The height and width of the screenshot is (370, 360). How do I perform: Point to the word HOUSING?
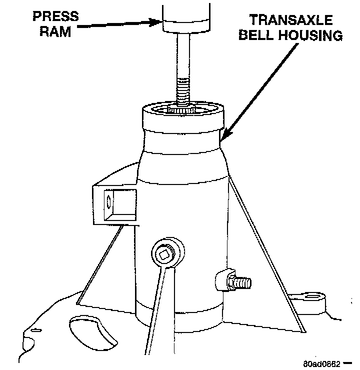click(x=312, y=36)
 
